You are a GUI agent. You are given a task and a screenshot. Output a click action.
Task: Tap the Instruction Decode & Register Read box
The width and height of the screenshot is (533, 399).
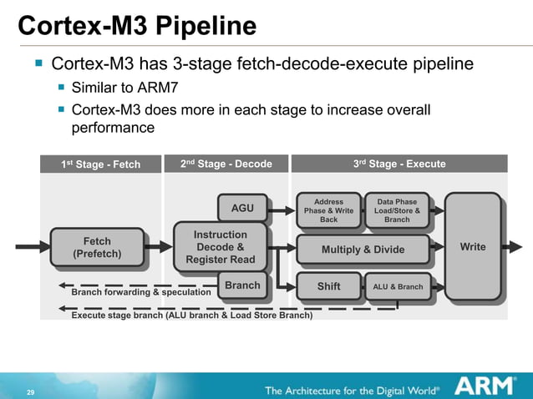click(220, 247)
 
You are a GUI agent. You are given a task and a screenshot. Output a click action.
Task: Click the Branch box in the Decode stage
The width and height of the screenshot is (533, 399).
click(242, 285)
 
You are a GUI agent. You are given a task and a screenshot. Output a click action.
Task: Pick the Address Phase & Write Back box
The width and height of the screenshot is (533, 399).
click(328, 210)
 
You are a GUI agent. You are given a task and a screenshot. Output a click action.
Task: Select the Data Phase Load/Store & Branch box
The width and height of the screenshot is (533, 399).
click(397, 210)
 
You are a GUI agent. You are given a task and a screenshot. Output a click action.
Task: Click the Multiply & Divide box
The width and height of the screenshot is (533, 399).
click(363, 249)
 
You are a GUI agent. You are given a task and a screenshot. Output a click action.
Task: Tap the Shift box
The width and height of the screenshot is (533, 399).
click(328, 286)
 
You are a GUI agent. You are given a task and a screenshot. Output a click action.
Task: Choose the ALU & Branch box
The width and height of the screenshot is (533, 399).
click(397, 286)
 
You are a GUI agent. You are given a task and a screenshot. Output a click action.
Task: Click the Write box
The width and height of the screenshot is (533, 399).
click(472, 247)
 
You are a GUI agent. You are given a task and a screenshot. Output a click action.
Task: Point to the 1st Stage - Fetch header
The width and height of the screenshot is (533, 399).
click(100, 164)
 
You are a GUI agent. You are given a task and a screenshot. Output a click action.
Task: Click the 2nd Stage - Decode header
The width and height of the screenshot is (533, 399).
click(226, 164)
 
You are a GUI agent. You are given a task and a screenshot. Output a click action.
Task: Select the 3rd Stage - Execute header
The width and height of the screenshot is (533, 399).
click(399, 164)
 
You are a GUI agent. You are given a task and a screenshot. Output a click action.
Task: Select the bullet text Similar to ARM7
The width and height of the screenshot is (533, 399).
click(125, 87)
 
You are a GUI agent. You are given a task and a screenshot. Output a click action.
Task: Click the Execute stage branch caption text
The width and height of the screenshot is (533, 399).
click(192, 316)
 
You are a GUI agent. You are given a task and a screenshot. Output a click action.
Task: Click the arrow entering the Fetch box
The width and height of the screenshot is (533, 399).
click(31, 247)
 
